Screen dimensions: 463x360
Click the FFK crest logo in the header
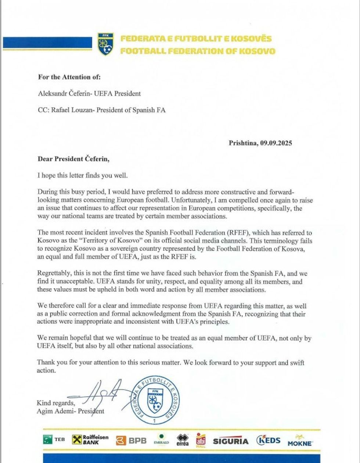105,44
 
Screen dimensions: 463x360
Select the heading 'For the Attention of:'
69,77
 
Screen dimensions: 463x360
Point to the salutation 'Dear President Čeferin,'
73,159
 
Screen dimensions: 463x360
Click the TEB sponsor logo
54,440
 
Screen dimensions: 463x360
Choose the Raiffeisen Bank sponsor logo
91,440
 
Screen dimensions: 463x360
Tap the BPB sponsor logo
132,441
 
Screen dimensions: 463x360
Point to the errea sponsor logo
183,440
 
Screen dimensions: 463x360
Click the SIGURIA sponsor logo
231,441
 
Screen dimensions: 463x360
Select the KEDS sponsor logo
269,440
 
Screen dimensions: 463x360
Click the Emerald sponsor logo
161,440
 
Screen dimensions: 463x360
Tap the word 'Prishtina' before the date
243,143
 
